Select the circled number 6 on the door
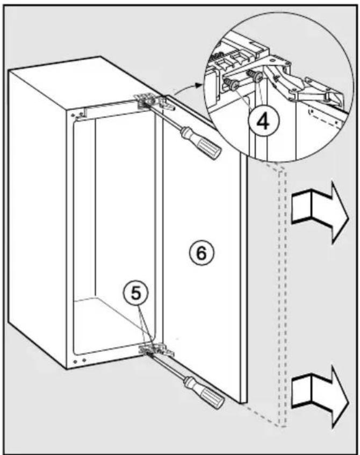tap(201, 253)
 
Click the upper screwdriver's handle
tap(201, 144)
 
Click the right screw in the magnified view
tap(255, 75)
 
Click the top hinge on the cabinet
tap(153, 102)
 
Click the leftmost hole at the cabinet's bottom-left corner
tap(75, 362)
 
